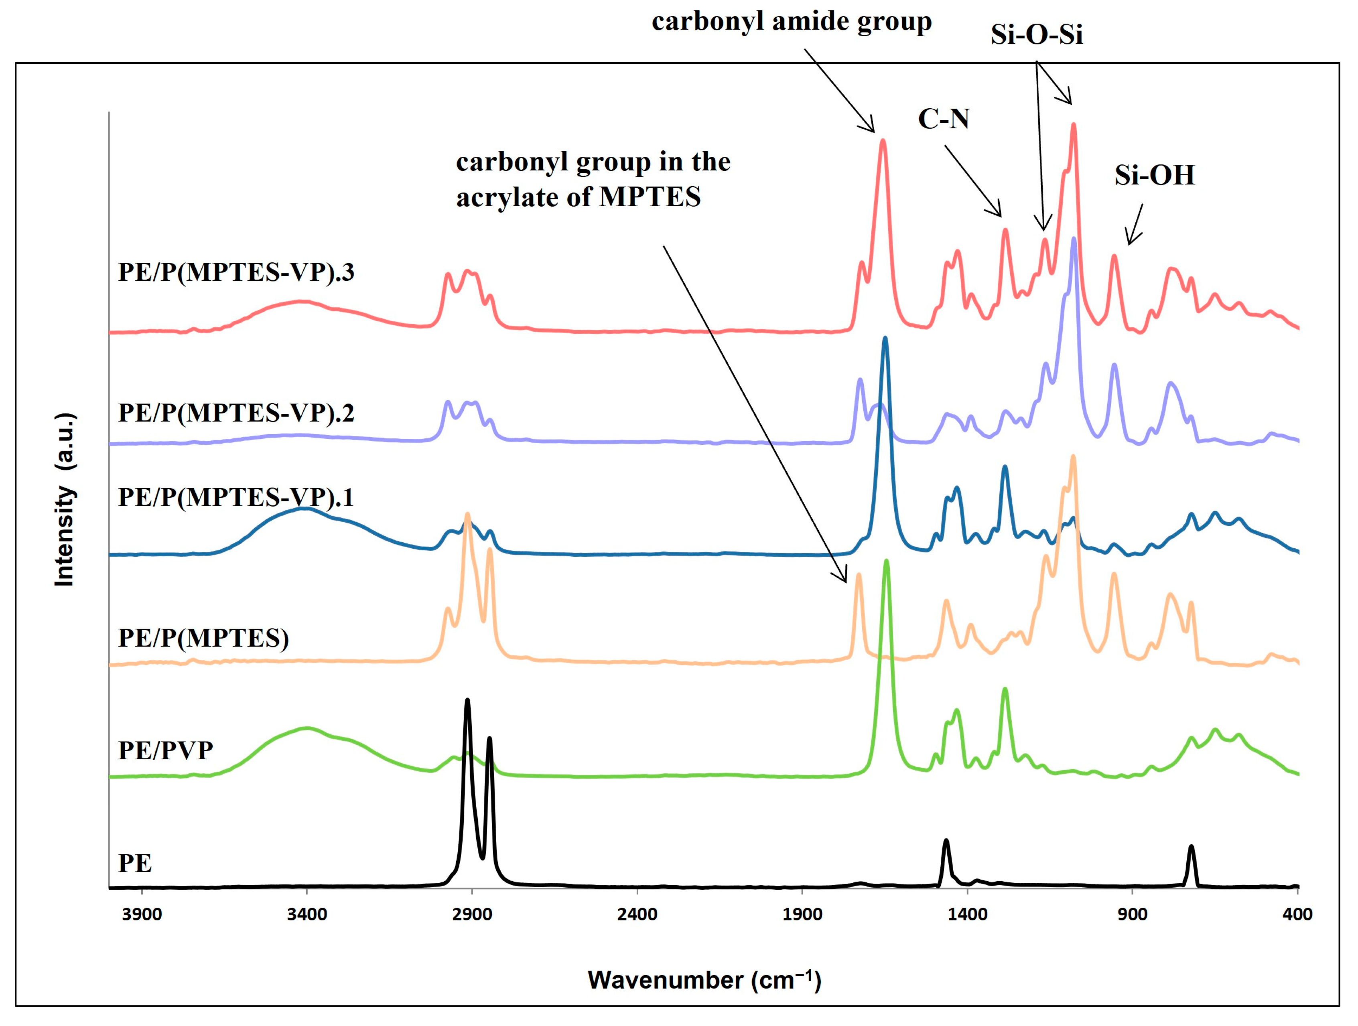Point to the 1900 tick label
(802, 914)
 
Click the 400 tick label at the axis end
(1297, 914)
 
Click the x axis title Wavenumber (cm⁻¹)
(704, 980)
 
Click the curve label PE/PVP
(165, 750)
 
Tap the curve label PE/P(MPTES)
(203, 638)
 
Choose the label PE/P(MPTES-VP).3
(236, 272)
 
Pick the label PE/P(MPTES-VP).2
(236, 413)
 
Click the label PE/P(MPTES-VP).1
(236, 497)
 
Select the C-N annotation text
(943, 118)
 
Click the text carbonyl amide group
(792, 22)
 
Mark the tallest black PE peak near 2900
(468, 700)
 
